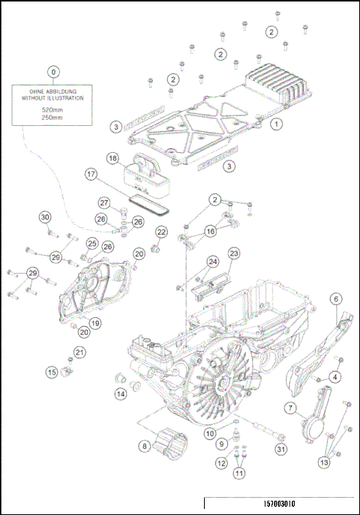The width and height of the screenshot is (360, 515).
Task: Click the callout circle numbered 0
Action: coord(53,72)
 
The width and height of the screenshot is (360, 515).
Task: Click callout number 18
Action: coord(112,158)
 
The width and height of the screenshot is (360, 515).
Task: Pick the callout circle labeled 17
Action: coord(91,175)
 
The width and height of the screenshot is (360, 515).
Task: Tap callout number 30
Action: coord(45,217)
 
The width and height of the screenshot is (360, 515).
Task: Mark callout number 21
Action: coord(80,352)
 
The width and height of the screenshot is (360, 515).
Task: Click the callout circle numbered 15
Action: coord(52,372)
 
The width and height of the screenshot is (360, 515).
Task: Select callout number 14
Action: coord(121,394)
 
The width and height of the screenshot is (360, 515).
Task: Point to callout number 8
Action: coord(143,446)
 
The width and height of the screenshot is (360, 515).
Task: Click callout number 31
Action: coord(281,450)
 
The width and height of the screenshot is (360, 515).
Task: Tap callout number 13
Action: coord(324,463)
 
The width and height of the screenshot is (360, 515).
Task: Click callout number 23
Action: coord(234,254)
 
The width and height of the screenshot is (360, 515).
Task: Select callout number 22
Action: coord(160,232)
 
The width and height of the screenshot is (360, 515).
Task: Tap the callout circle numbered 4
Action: coord(336,376)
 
